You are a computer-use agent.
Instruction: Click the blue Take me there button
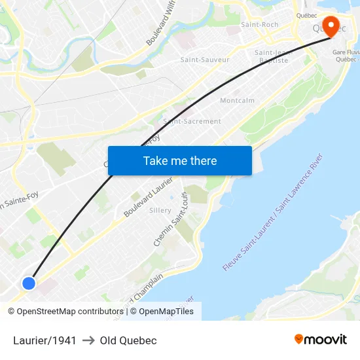pos(179,160)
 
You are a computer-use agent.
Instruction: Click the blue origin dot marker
pos(28,283)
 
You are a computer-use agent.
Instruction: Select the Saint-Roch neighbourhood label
pos(259,24)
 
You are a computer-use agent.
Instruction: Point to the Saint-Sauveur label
pos(205,60)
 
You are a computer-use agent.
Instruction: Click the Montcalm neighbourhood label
pos(237,100)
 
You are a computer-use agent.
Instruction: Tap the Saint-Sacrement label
pos(192,121)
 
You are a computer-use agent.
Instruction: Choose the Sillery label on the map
pos(160,210)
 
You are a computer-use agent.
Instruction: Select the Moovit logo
pos(320,339)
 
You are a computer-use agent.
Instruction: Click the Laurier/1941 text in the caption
pos(45,340)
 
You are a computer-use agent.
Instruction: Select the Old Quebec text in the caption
pos(128,340)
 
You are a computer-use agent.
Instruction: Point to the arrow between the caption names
pos(88,340)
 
